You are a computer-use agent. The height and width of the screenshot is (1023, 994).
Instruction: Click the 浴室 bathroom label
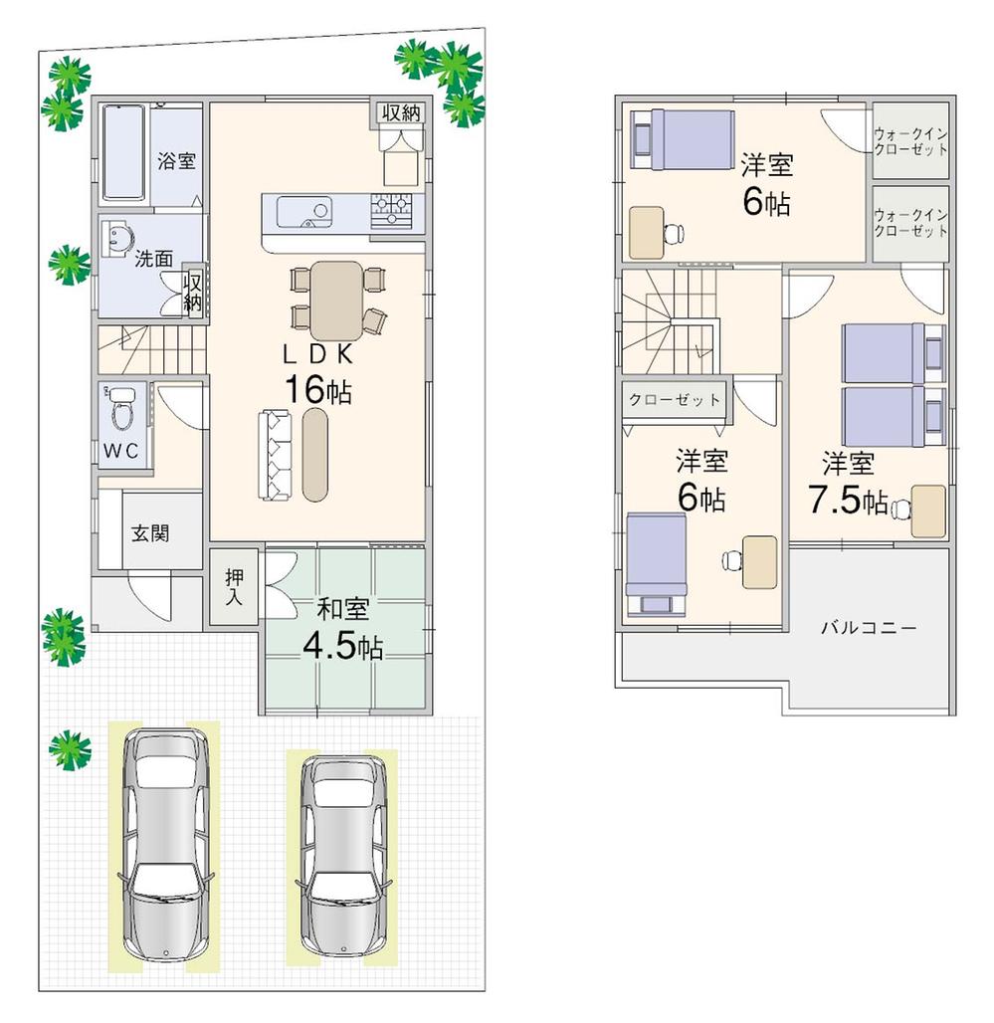(x=177, y=161)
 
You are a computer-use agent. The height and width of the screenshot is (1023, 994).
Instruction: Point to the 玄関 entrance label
(x=150, y=532)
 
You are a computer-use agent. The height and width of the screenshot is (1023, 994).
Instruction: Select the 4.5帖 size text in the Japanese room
(x=342, y=647)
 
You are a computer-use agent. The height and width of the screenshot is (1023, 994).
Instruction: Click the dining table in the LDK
(x=336, y=300)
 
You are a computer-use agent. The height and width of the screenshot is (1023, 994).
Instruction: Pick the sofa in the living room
(x=275, y=454)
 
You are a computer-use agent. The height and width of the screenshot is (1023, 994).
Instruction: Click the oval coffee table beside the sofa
(x=315, y=454)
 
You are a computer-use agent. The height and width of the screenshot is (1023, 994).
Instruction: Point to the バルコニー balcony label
(x=868, y=628)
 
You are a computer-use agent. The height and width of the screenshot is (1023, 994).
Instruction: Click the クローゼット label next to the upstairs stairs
(x=674, y=400)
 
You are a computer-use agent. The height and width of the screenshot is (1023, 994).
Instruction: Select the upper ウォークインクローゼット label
(x=910, y=141)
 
